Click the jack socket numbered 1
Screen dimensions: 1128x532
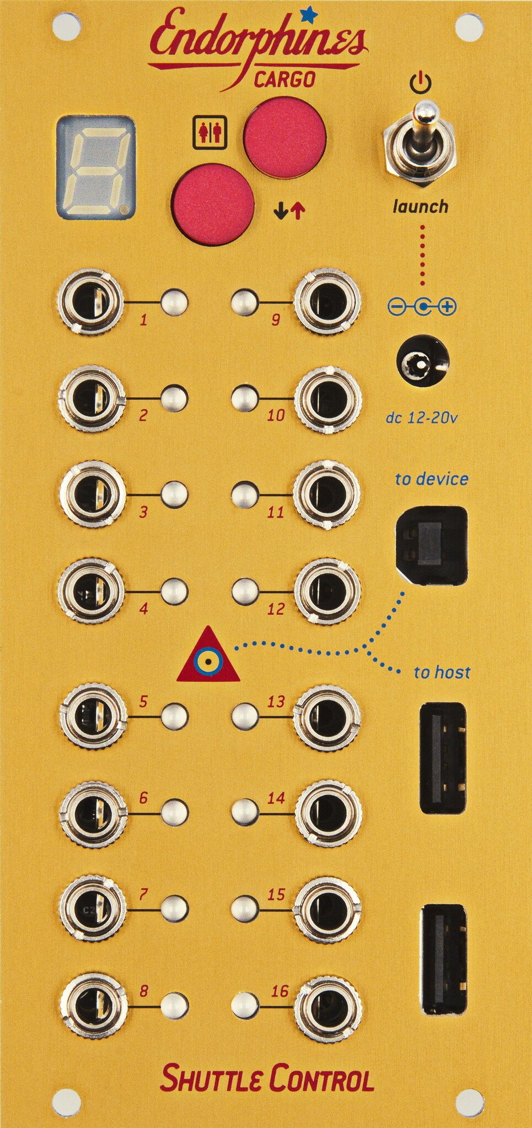coord(90,302)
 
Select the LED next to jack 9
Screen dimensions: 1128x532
coord(244,302)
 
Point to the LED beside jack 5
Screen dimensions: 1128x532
coord(175,717)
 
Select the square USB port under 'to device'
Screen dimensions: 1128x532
coord(432,546)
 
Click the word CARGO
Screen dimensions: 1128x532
coord(284,80)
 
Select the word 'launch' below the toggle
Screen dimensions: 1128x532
coord(420,207)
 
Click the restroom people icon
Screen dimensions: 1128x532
coord(210,132)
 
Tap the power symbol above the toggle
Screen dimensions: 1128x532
coord(421,83)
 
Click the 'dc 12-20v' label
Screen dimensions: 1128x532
coord(421,418)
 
